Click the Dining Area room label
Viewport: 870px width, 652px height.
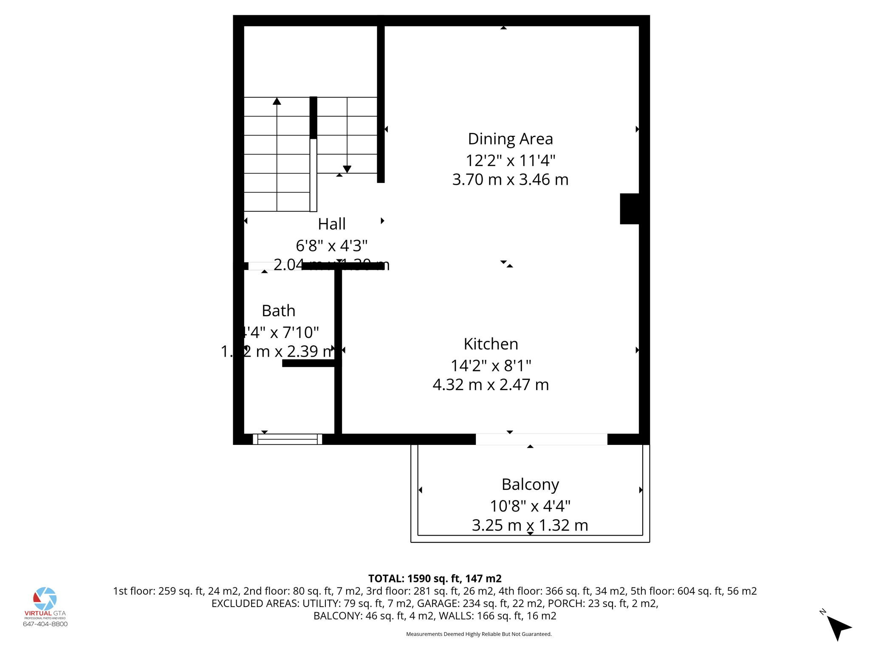click(510, 139)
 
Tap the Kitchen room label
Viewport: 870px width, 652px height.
click(491, 344)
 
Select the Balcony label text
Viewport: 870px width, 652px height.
click(530, 484)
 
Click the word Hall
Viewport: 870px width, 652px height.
click(331, 224)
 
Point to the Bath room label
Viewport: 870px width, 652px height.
click(278, 311)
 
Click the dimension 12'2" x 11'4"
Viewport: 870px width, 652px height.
click(510, 160)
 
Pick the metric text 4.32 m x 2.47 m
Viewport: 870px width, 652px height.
click(491, 385)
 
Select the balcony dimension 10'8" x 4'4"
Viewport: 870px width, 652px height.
click(530, 506)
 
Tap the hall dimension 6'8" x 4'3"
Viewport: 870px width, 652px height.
click(331, 245)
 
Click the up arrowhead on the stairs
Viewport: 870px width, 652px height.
click(277, 101)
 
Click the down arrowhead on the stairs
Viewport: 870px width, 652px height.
click(347, 169)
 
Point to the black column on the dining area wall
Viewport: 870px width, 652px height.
click(630, 208)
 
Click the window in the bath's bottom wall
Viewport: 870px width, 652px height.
click(288, 439)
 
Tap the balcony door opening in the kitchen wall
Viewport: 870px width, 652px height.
click(541, 439)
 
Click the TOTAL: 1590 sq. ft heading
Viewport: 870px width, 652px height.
click(435, 579)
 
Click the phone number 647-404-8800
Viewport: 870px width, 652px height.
click(45, 624)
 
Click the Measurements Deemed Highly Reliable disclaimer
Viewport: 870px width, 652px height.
click(479, 634)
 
